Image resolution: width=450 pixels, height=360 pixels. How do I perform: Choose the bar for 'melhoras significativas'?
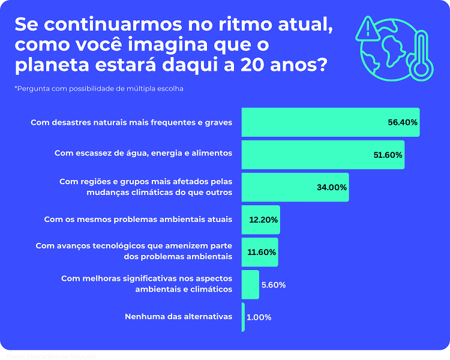250,284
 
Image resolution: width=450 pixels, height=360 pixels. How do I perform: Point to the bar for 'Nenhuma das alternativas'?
244,317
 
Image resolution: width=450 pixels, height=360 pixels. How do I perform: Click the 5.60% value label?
274,285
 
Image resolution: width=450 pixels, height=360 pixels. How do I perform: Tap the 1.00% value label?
259,317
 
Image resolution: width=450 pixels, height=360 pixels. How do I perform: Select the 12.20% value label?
263,220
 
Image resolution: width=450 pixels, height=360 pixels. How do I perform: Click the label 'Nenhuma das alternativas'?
178,316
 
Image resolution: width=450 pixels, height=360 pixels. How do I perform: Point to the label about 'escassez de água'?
143,154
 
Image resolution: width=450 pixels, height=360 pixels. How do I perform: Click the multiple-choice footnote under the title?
99,89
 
